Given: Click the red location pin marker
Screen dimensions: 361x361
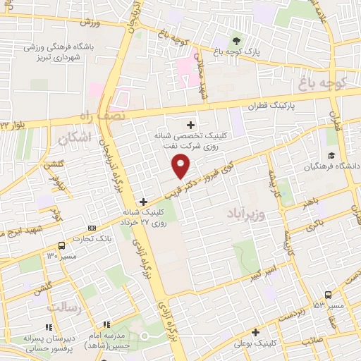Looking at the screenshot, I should pos(181,166).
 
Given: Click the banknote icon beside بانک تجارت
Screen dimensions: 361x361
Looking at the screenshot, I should pos(92,228).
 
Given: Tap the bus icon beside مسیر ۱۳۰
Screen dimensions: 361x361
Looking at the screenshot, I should pos(62,245).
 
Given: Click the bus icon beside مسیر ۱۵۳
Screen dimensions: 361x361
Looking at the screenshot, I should pos(329,295).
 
